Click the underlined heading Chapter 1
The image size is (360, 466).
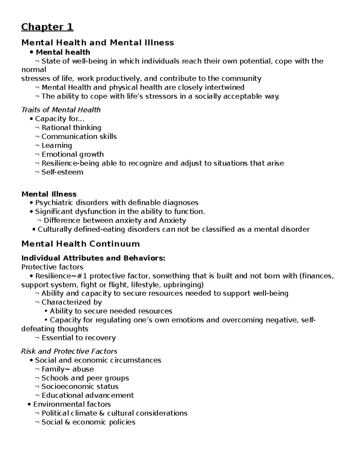click(x=47, y=27)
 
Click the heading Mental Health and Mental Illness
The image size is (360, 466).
click(x=97, y=43)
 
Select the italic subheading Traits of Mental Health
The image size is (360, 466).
click(x=61, y=110)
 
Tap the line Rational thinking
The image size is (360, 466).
click(x=71, y=128)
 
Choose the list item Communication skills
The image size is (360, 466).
click(x=79, y=137)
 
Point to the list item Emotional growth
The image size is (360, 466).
click(x=73, y=155)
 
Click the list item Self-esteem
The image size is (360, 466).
click(x=62, y=172)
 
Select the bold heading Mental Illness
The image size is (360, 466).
click(x=49, y=194)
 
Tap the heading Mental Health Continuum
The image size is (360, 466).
click(x=80, y=244)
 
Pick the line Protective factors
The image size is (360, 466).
click(x=52, y=267)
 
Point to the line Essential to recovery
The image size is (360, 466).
click(x=78, y=338)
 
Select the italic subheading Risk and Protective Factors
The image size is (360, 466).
click(x=69, y=351)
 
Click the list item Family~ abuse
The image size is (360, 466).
click(x=67, y=369)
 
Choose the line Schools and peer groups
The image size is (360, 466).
click(x=85, y=378)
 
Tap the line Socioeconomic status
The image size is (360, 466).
click(x=80, y=386)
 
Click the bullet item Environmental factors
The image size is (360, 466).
click(x=72, y=404)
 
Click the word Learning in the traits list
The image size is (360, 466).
click(x=57, y=146)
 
